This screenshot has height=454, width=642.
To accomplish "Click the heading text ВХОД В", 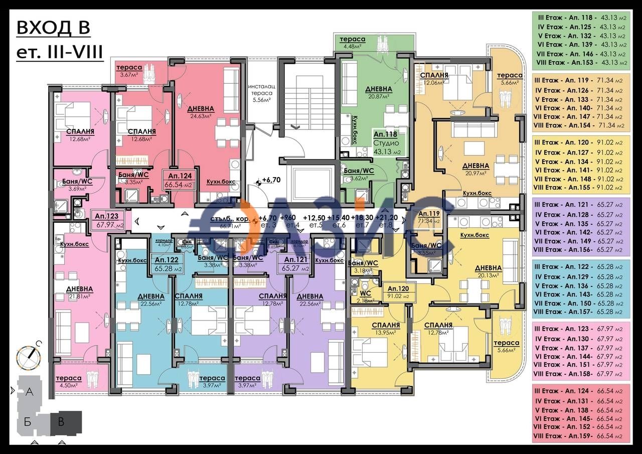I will pyautogui.click(x=53, y=29).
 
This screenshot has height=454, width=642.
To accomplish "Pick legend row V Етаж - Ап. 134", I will pyautogui.click(x=580, y=162).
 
